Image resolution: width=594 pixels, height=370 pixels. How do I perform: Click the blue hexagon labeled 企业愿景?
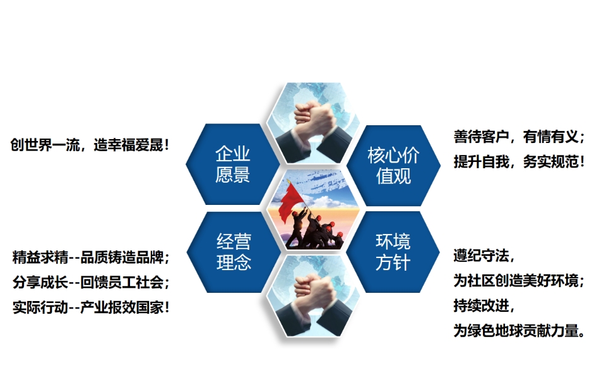coord(232,164)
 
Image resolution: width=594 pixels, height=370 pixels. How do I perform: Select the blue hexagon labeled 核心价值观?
coord(393,166)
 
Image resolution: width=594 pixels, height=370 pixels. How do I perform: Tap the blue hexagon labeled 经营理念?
coord(234,252)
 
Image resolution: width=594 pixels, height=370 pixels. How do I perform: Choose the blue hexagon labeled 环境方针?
coord(393,252)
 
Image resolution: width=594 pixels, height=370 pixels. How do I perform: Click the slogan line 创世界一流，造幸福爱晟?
coord(90,145)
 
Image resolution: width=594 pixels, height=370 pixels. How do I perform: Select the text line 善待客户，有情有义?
coord(519,137)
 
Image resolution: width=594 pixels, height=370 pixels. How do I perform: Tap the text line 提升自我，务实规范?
coord(519,162)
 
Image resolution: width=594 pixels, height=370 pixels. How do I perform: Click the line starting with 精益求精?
coord(90,257)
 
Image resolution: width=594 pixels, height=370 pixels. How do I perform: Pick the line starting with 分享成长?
coord(90,282)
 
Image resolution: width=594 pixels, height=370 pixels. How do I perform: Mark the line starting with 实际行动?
coord(90,307)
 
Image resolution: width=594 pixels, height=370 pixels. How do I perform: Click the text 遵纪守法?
coord(484,256)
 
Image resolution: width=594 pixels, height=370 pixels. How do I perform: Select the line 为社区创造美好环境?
coord(519,281)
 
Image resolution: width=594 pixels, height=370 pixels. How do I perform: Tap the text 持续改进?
coord(484,305)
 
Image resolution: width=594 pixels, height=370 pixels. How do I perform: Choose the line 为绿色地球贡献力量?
coord(519,331)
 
